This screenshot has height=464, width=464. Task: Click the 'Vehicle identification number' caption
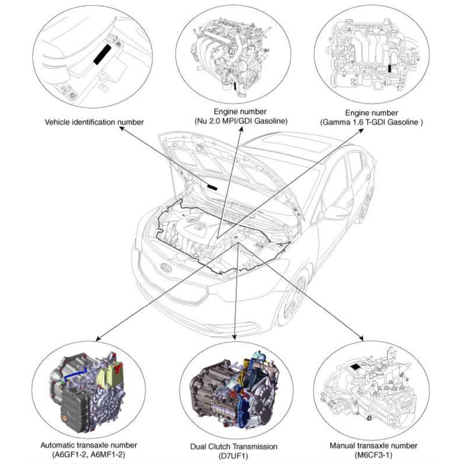[x=95, y=122]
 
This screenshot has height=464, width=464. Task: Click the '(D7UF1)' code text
[x=234, y=456]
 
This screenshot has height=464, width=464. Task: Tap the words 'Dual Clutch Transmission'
[x=234, y=447]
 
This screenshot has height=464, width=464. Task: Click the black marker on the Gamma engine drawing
[x=390, y=68]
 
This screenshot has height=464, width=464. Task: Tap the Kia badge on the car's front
[x=167, y=268]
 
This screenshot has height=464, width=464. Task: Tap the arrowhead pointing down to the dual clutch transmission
[x=234, y=337]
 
